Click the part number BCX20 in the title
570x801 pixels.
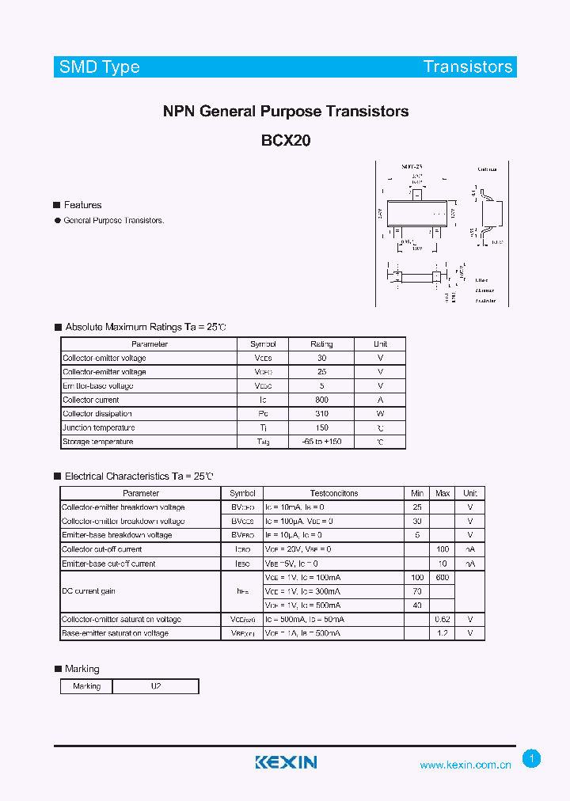tap(286, 141)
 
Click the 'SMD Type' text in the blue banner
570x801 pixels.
tap(100, 67)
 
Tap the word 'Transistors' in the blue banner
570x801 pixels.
tap(468, 67)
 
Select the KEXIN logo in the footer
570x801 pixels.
tap(286, 762)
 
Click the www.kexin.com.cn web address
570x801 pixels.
tap(465, 765)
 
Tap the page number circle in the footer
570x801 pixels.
tap(532, 759)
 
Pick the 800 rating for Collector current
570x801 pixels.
tap(321, 400)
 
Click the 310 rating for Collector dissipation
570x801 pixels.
tap(321, 414)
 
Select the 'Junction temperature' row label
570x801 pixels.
tap(98, 427)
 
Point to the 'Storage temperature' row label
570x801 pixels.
tap(98, 442)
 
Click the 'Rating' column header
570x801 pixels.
tap(321, 344)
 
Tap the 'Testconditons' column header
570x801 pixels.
tap(333, 493)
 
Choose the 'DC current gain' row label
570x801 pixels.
tap(89, 591)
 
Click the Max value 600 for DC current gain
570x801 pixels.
tap(443, 578)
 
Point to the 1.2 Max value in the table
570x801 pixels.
tap(443, 633)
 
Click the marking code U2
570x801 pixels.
tap(155, 686)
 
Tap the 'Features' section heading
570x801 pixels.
tap(82, 205)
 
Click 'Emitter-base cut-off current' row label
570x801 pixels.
tap(108, 564)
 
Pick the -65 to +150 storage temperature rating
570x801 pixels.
tap(321, 442)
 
